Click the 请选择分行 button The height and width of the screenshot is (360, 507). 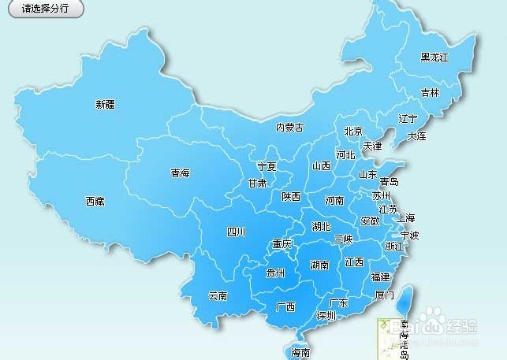click(x=45, y=9)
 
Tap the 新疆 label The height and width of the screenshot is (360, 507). click(x=105, y=104)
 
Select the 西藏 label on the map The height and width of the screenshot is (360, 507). click(x=95, y=201)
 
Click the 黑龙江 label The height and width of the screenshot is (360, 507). click(x=434, y=58)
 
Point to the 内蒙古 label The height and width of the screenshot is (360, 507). click(x=289, y=128)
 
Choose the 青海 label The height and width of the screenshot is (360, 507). click(x=180, y=173)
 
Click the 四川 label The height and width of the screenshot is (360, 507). click(x=237, y=232)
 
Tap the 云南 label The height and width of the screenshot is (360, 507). click(x=218, y=296)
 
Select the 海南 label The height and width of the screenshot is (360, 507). click(x=300, y=352)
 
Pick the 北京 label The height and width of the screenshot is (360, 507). click(x=353, y=132)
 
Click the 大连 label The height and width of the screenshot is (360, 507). click(x=416, y=136)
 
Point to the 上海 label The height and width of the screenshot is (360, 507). click(x=406, y=217)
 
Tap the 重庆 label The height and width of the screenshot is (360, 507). click(x=281, y=244)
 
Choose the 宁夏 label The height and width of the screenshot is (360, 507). click(x=267, y=167)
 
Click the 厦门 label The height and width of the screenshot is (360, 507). click(x=385, y=295)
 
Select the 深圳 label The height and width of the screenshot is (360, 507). click(x=326, y=315)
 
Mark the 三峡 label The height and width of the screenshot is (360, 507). click(x=343, y=238)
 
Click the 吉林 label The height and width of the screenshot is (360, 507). click(x=430, y=92)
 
